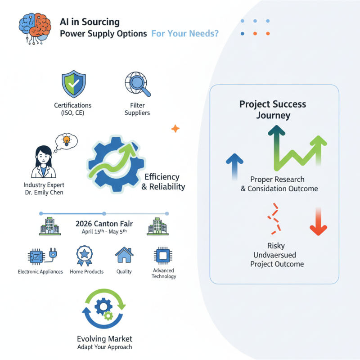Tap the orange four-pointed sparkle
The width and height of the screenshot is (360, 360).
(x=175, y=129)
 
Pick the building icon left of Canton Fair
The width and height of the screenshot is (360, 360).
(x=49, y=227)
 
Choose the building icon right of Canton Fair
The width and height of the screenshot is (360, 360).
(x=157, y=226)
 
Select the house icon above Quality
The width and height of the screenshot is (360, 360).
(x=124, y=255)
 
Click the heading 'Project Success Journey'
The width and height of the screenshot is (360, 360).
(x=273, y=109)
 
